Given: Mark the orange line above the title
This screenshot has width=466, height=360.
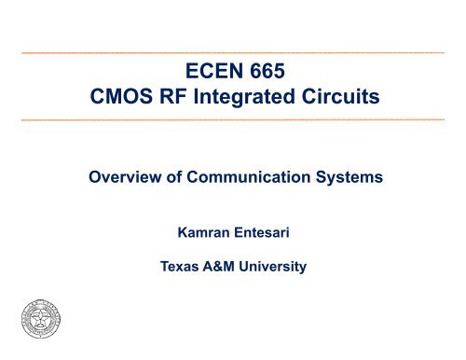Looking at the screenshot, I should pyautogui.click(x=233, y=51).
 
